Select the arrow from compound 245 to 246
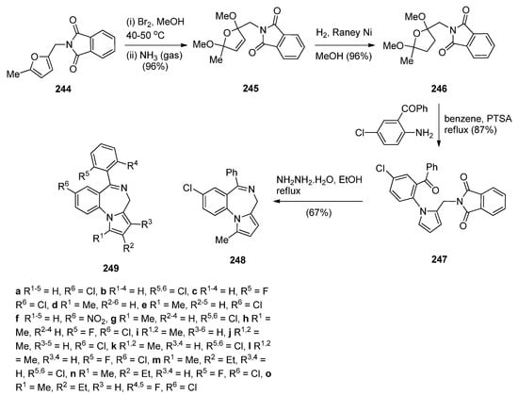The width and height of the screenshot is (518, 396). pyautogui.click(x=351, y=44)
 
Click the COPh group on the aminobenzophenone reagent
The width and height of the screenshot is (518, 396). pyautogui.click(x=389, y=111)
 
